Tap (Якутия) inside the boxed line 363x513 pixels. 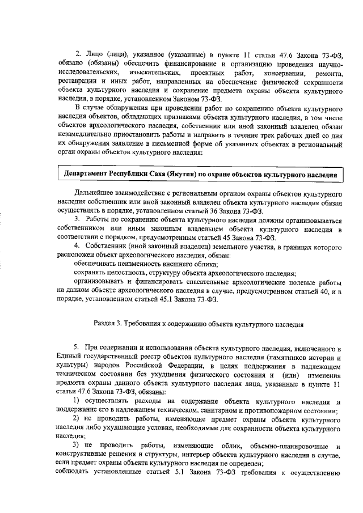[x=171, y=173]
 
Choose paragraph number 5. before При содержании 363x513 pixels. [x=77, y=346]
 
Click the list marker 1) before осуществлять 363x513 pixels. [x=78, y=402]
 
